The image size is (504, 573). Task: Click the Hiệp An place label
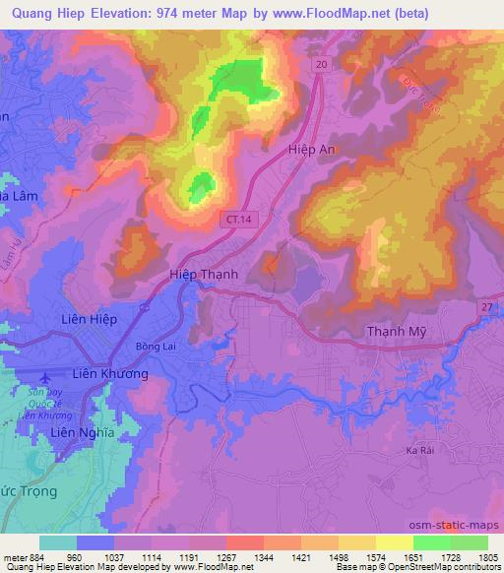point(312,148)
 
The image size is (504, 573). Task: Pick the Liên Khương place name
point(111,375)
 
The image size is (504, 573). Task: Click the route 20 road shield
point(322,63)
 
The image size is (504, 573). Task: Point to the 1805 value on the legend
point(487,558)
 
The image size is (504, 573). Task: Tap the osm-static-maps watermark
point(460,526)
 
